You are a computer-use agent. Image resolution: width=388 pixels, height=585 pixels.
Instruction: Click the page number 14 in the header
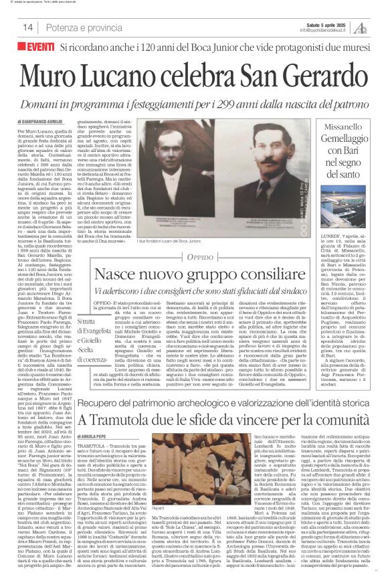coord(27,27)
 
